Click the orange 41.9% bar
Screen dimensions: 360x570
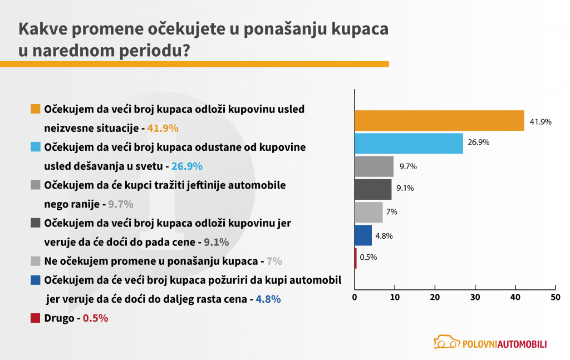coord(439,121)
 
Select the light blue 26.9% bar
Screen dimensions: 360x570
coord(409,144)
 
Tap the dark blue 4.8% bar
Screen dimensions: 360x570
coord(363,235)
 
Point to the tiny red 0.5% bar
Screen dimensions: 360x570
coord(356,258)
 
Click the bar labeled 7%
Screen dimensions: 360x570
coord(368,212)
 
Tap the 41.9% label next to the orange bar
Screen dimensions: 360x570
coord(540,121)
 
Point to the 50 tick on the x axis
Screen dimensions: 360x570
coord(554,298)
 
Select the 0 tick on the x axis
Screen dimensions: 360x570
coord(355,298)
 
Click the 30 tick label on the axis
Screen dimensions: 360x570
coord(475,298)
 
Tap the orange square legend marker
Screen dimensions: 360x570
coord(35,109)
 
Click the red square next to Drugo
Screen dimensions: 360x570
coord(35,318)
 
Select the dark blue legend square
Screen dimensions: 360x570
coord(35,279)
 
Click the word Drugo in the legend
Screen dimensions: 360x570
coord(60,319)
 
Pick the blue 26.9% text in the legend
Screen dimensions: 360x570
coord(186,166)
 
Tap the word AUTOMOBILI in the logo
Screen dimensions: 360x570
coord(520,344)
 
